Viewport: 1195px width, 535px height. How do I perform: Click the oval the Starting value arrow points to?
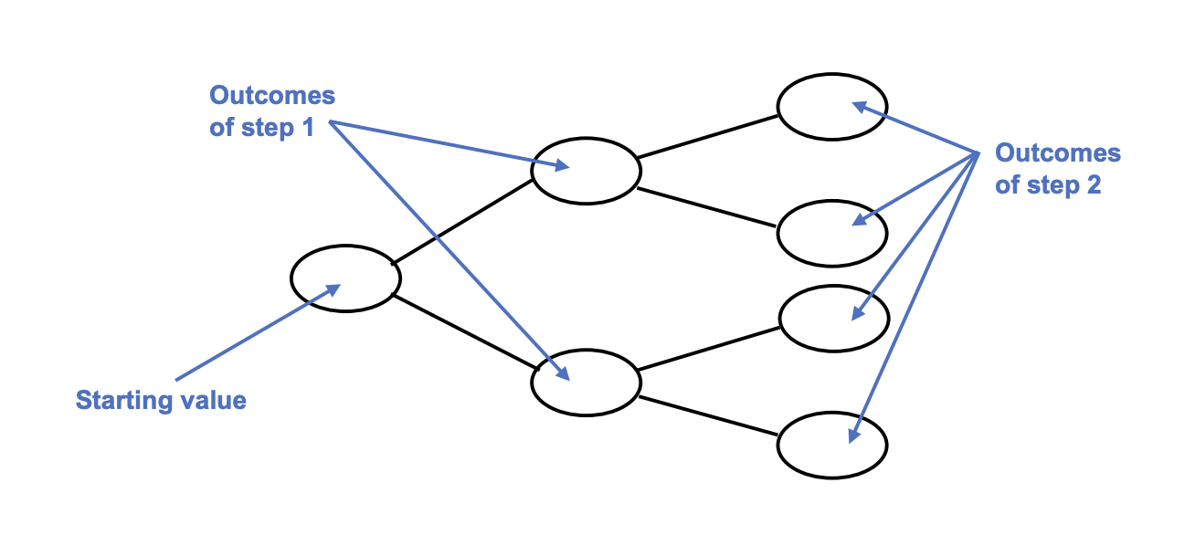(345, 277)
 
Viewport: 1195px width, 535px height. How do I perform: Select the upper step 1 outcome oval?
(586, 171)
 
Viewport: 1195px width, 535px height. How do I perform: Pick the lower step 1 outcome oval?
(586, 381)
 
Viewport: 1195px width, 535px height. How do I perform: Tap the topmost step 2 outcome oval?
(832, 106)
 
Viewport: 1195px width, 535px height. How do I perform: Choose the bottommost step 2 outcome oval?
(832, 445)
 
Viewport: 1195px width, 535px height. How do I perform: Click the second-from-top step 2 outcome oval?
(832, 233)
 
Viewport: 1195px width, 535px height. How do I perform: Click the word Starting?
(119, 400)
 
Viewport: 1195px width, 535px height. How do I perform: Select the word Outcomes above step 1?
(272, 96)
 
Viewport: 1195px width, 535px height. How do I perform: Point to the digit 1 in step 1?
(307, 128)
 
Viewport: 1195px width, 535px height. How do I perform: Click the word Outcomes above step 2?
(1057, 152)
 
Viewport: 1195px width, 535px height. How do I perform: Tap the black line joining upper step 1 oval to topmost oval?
(708, 137)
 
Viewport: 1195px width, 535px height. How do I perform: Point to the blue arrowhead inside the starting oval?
(333, 288)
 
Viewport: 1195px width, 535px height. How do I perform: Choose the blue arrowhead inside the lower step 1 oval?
(562, 373)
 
